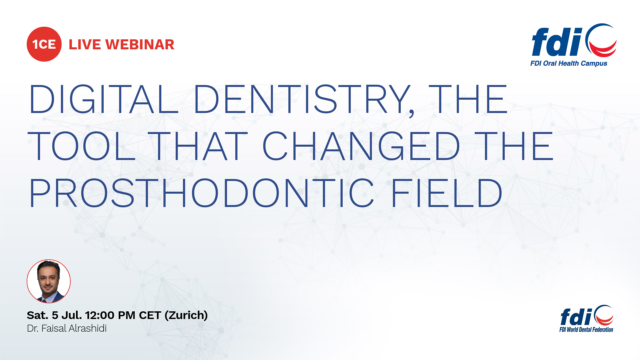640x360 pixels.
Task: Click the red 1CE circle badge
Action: point(44,44)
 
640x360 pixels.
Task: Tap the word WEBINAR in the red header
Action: point(140,45)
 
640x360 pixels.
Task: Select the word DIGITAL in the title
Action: point(104,99)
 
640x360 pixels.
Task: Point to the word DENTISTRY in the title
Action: point(302,99)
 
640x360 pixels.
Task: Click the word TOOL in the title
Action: point(82,146)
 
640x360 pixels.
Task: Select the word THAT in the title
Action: point(198,146)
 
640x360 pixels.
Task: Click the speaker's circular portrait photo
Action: point(49,281)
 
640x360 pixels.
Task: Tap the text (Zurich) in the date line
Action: point(186,315)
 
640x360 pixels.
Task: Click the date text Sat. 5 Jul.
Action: point(54,315)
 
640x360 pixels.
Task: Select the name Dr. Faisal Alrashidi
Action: point(67,328)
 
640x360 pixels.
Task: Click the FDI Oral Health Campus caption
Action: point(569,63)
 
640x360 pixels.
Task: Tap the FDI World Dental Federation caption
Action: point(586,330)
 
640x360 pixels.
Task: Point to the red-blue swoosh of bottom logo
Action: point(604,315)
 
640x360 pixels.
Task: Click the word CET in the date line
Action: point(150,315)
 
